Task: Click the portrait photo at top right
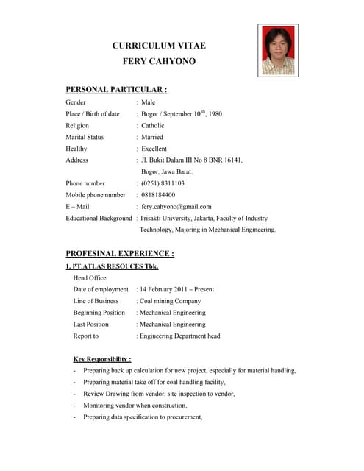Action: [277, 50]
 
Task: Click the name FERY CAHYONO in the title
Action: [159, 61]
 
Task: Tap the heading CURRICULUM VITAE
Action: [159, 46]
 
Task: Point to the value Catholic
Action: [152, 126]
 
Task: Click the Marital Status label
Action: [85, 138]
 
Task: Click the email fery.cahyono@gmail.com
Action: [176, 207]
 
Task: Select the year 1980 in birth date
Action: [215, 114]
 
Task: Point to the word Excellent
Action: [154, 149]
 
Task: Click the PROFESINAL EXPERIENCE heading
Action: [120, 254]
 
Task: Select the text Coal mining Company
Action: [169, 301]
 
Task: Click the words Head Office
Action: [90, 278]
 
